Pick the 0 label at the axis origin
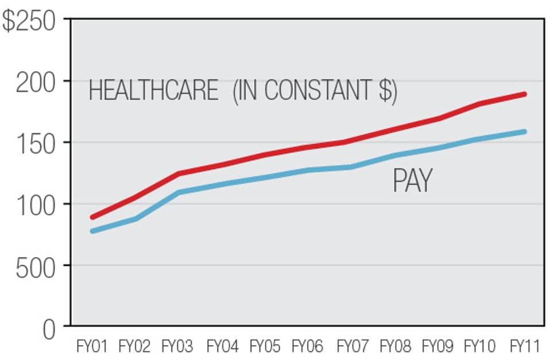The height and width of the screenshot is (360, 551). pos(50,328)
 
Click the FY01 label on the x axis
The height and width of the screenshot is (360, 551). pos(92,347)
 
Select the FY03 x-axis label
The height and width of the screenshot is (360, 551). pos(177,347)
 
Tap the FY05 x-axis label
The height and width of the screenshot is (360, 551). pos(265,347)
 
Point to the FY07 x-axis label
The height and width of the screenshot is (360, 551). pos(351,347)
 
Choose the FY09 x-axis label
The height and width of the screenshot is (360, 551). pos(437,347)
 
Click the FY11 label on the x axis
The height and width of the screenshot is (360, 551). pos(525,347)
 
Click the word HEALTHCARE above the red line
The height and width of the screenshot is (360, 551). pos(154,91)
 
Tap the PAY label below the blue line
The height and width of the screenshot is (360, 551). pos(412,181)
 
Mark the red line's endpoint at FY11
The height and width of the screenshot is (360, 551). pos(525,94)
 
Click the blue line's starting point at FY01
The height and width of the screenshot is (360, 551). pos(92,231)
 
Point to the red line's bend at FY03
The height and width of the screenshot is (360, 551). pos(179,173)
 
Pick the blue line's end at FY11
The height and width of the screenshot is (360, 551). pos(525,131)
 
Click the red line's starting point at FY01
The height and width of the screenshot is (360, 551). pos(92,217)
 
